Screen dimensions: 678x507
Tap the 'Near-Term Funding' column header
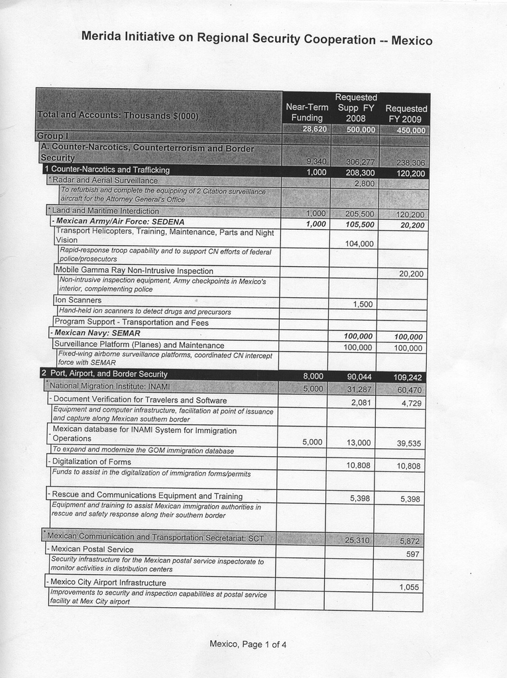307,112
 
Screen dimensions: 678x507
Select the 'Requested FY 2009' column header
406,113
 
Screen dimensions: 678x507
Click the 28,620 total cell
314,129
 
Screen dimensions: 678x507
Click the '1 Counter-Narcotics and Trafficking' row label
107,169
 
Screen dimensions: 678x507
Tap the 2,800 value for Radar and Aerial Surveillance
365,183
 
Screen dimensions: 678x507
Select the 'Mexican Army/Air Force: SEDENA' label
120,221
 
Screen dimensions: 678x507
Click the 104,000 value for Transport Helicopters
359,244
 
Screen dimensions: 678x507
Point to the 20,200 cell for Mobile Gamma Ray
412,273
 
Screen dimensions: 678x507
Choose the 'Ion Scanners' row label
78,300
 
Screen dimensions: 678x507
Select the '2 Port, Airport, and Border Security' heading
104,373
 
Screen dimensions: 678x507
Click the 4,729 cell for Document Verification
412,403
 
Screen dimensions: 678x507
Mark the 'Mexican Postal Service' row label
92,549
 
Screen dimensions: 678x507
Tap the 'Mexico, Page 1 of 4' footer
248,644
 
